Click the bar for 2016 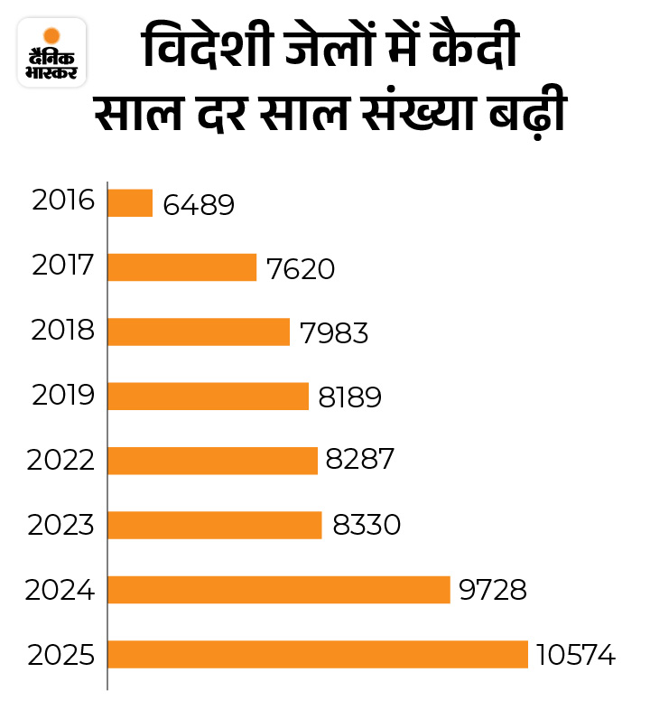point(130,202)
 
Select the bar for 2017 point(182,267)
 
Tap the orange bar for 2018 point(199,332)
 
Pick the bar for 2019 point(208,396)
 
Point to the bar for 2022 point(212,460)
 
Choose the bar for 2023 point(215,525)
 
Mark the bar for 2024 point(278,590)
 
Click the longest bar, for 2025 point(317,654)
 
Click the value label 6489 point(199,204)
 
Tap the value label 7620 point(301,268)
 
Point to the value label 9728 point(493,591)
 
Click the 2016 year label point(62,200)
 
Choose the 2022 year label point(60,460)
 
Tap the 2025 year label point(60,654)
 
